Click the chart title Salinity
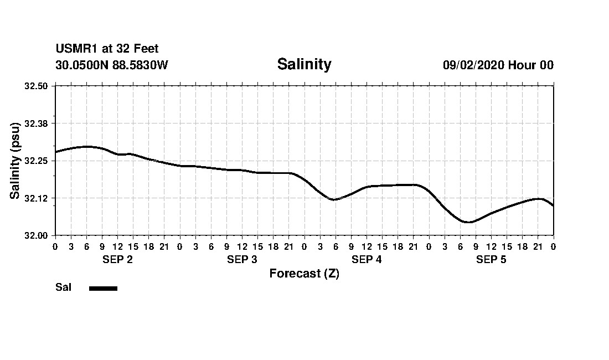[304, 64]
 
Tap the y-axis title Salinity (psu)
[16, 161]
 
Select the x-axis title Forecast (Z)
[304, 274]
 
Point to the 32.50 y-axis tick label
[37, 86]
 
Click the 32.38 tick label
[37, 123]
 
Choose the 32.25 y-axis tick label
[37, 161]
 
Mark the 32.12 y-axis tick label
[37, 198]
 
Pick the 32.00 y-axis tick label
[37, 235]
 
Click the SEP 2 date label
[117, 260]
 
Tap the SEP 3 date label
[242, 260]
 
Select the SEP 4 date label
[367, 260]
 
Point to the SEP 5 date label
[491, 260]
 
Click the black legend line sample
[103, 288]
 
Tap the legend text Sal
[63, 287]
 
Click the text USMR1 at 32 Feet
[107, 49]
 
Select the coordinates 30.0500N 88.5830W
[112, 65]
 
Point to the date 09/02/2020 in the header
[473, 65]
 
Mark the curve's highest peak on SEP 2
[87, 146]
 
